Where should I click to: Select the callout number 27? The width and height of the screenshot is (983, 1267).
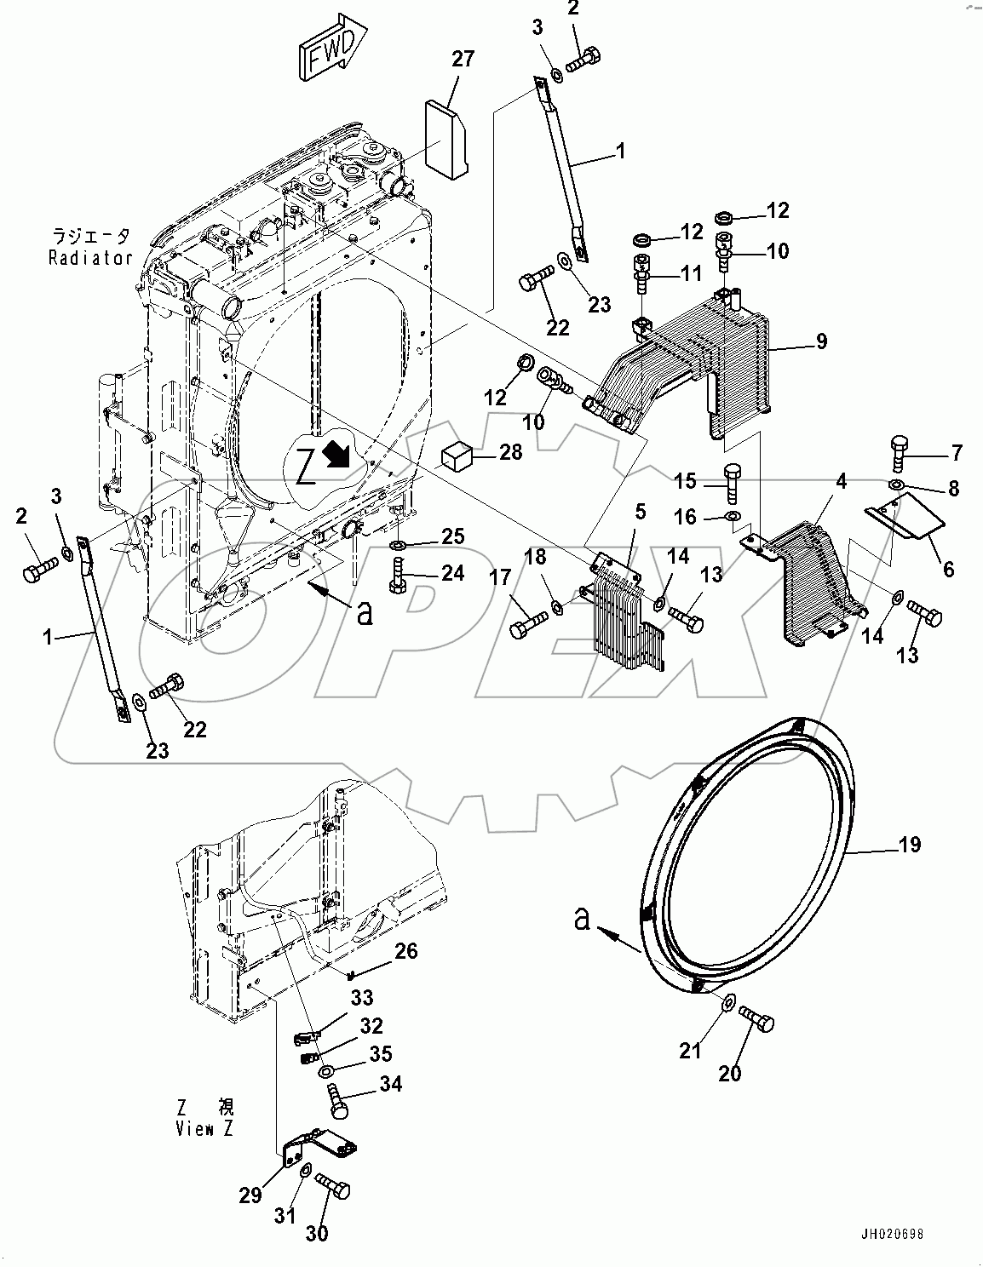point(463,59)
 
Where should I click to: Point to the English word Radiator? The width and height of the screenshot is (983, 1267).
point(90,257)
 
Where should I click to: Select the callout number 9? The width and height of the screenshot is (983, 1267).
point(821,342)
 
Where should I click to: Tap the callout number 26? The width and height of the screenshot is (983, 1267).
point(405,950)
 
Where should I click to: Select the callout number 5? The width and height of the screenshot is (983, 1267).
point(640,511)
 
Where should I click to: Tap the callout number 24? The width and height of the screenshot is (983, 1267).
point(451,573)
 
